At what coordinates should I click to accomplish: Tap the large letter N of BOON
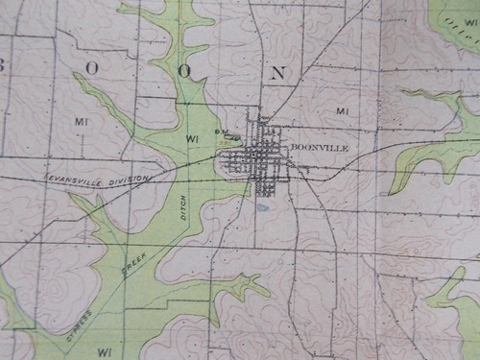278,72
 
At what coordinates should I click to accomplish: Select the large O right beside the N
183,71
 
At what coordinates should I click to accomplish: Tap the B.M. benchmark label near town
220,132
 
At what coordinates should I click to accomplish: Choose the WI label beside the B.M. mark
192,138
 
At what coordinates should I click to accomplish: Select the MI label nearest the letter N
343,112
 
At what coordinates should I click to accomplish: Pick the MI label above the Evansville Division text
81,122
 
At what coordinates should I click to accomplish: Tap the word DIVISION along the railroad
135,177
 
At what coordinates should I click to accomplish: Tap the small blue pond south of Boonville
262,205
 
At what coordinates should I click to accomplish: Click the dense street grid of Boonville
257,158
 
